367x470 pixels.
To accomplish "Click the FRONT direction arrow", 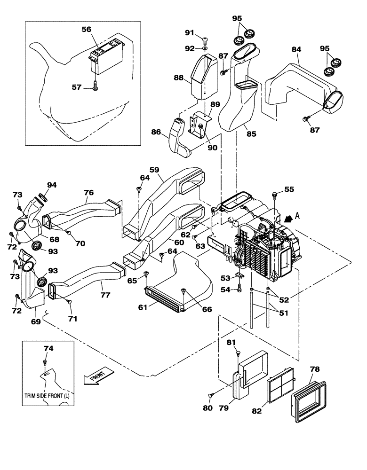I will pyautogui.click(x=98, y=376).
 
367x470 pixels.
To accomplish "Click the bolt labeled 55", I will pyautogui.click(x=274, y=194).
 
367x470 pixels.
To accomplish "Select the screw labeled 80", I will pyautogui.click(x=211, y=395).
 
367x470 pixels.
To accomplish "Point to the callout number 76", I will pyautogui.click(x=88, y=193).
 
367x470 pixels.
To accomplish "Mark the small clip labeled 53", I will pyautogui.click(x=239, y=279).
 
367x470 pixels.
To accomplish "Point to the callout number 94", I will pyautogui.click(x=51, y=185).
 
